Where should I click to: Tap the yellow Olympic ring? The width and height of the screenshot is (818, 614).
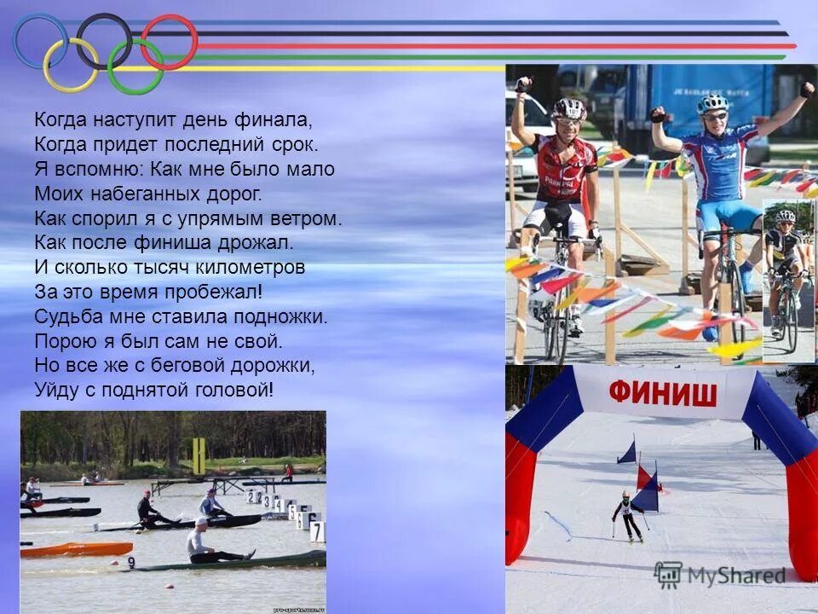[71, 65]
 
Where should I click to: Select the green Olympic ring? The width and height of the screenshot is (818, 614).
[135, 66]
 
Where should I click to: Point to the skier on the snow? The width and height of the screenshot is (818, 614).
[628, 517]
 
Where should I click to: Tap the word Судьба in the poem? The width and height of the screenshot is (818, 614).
[67, 316]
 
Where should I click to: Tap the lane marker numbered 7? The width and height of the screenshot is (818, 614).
[317, 532]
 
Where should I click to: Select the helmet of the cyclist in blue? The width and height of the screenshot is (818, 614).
[712, 104]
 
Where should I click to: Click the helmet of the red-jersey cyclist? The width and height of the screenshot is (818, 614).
[568, 108]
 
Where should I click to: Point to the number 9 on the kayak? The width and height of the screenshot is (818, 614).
[131, 563]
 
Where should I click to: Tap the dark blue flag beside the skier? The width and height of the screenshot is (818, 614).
[628, 452]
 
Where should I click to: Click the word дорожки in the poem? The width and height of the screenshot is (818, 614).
[274, 366]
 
